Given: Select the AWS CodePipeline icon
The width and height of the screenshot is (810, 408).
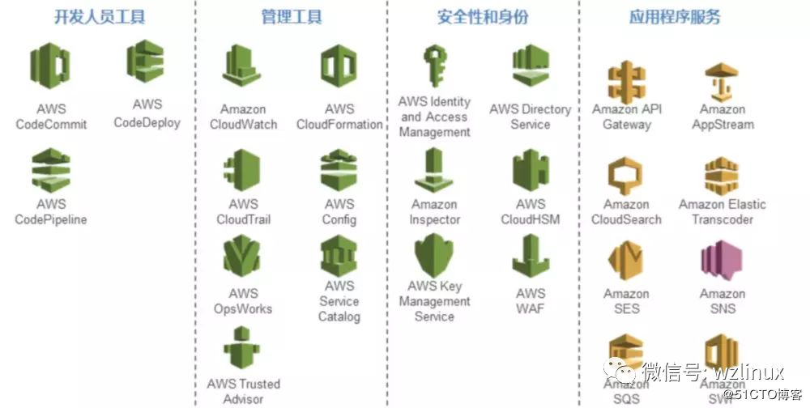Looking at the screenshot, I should (x=50, y=170).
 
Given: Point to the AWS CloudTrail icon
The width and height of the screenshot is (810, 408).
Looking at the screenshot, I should (x=242, y=170).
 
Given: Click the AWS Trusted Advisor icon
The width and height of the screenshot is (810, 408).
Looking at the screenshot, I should (x=242, y=349).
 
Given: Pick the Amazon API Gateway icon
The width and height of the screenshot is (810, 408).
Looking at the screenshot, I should (x=626, y=82).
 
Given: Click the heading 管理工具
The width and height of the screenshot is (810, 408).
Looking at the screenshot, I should (x=292, y=17).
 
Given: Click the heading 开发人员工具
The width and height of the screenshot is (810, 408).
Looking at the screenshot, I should (x=100, y=17).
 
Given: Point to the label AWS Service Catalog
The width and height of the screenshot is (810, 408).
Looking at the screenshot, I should (x=339, y=301).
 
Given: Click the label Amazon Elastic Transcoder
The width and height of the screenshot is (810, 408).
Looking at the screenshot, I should (x=722, y=212).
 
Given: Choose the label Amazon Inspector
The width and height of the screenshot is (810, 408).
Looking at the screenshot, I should (x=434, y=212).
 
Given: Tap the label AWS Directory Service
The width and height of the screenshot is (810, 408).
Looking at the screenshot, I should (x=531, y=117).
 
